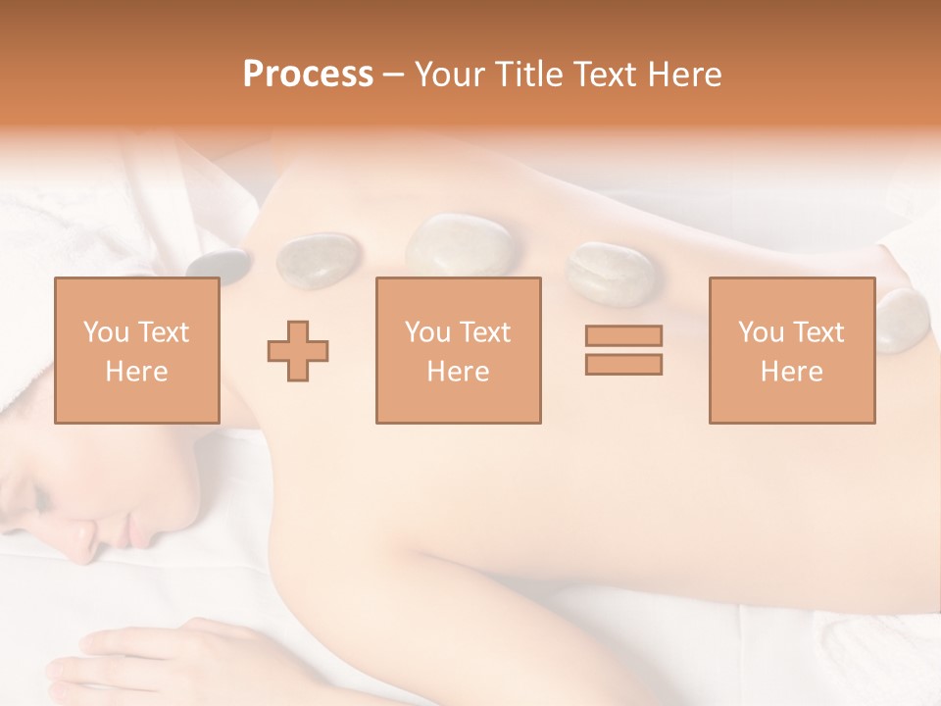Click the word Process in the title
pyautogui.click(x=308, y=74)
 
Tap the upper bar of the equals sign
pyautogui.click(x=623, y=335)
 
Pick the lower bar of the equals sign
pyautogui.click(x=623, y=364)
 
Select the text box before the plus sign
pyautogui.click(x=136, y=350)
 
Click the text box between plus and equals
pyautogui.click(x=458, y=350)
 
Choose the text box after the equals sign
pyautogui.click(x=791, y=350)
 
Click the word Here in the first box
pyautogui.click(x=136, y=372)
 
